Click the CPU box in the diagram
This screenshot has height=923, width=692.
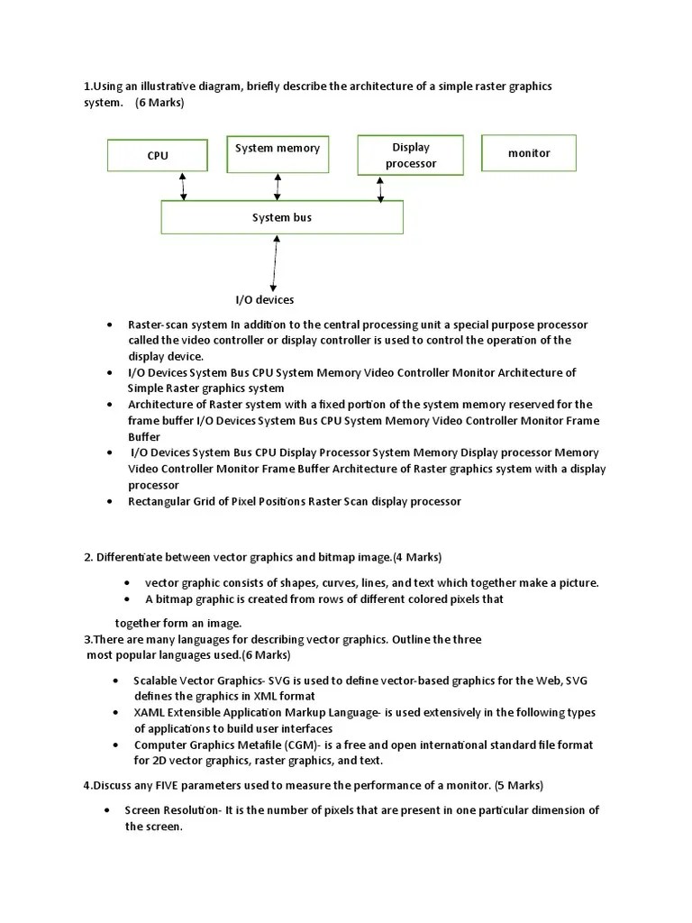coord(157,155)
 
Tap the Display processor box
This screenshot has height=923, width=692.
coord(410,155)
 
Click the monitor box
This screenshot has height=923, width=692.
coord(529,153)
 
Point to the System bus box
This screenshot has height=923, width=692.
coord(282,217)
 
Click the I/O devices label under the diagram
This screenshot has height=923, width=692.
coord(265,299)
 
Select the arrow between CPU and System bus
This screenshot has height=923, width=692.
coord(184,186)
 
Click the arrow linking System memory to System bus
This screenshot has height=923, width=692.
coord(278,186)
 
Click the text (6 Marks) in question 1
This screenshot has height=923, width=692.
coord(159,103)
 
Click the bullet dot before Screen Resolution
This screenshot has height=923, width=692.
coord(106,810)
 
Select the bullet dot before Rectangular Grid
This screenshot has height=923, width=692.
coord(109,501)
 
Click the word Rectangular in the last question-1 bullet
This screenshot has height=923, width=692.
coord(158,501)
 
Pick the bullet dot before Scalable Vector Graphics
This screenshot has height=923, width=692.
coord(116,681)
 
